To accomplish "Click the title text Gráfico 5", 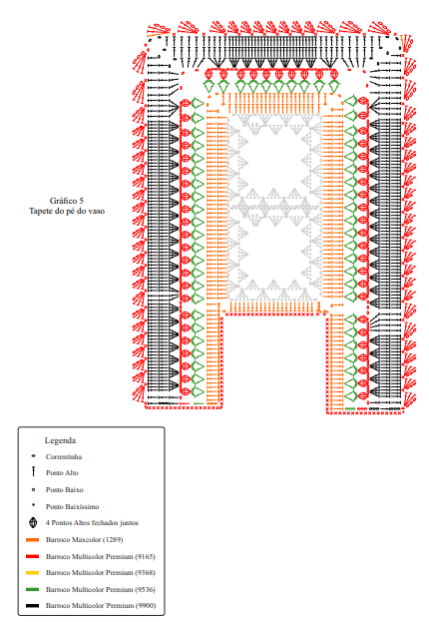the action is click(67, 201).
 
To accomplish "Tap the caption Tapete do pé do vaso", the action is click(67, 211).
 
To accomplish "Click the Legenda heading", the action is click(60, 440).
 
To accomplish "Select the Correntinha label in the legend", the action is click(64, 457).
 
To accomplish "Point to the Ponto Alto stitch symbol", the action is click(33, 471).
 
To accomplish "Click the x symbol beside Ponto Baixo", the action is click(33, 489).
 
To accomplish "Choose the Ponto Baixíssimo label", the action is click(72, 506).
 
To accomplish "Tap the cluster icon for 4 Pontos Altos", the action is click(33, 523).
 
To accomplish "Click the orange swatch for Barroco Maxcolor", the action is click(33, 540).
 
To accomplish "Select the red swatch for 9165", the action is click(33, 556).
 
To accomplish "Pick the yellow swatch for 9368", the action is click(33, 573).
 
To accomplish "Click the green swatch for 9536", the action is click(33, 589).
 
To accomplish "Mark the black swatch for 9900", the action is click(33, 606).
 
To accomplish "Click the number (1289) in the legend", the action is click(113, 540).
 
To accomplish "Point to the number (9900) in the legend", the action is click(146, 606).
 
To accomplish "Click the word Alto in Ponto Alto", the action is click(71, 473).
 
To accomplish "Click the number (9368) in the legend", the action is click(145, 573).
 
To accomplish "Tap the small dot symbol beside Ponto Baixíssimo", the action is click(33, 505).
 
